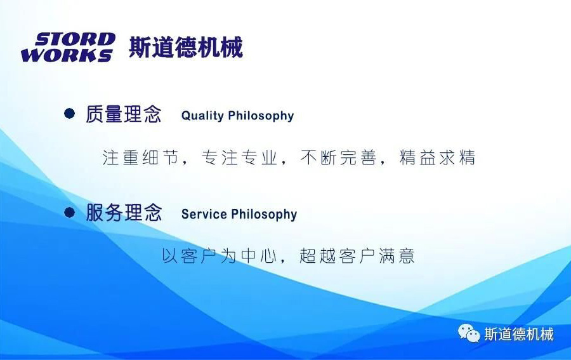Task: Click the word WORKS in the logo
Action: (x=67, y=55)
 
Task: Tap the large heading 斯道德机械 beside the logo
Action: (x=186, y=47)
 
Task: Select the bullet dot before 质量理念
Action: (x=69, y=114)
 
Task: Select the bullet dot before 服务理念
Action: (x=69, y=212)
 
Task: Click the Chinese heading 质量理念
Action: (x=124, y=114)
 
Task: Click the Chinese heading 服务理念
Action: (x=124, y=213)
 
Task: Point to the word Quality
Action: (x=202, y=116)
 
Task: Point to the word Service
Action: (x=204, y=214)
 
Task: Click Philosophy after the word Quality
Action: (x=261, y=116)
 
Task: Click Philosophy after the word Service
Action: (x=264, y=214)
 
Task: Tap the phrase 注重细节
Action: (x=141, y=157)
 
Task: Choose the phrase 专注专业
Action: (x=240, y=157)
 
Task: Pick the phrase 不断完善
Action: (x=339, y=157)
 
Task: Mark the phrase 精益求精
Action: (x=437, y=157)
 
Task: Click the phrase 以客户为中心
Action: (x=220, y=256)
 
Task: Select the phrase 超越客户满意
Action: (x=357, y=256)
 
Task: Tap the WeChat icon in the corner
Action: (x=469, y=334)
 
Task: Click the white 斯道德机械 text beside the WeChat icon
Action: (x=519, y=334)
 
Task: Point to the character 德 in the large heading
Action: (x=186, y=47)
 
